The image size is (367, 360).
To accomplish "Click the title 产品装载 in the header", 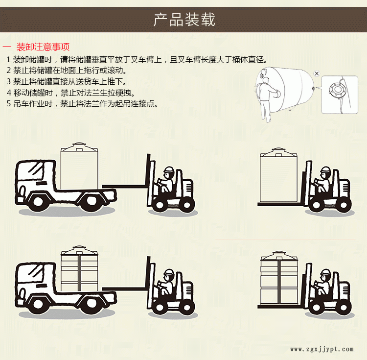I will point(183,20).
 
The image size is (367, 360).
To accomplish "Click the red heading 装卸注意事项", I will point(43,47).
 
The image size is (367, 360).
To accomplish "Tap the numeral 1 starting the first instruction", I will point(8,60).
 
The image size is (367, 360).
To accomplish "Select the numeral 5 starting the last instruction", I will point(8,104).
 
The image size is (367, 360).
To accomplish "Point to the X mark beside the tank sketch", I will point(317,73).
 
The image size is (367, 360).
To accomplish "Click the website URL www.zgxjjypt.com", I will point(321,349).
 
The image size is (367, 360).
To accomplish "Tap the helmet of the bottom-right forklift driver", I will point(324,272).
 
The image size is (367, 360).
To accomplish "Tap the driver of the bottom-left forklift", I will point(166,284).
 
